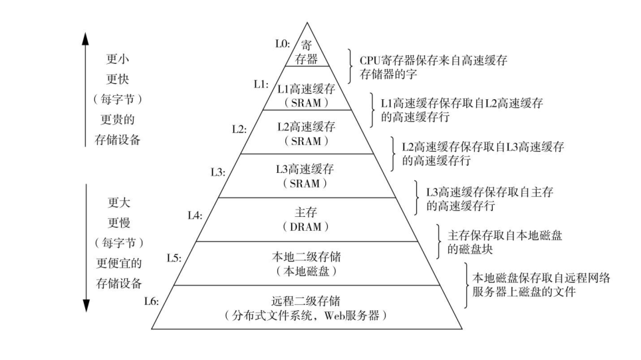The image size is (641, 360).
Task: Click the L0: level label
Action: pyautogui.click(x=283, y=43)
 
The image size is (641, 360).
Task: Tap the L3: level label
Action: pyautogui.click(x=217, y=172)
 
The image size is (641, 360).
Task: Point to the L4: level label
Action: pyautogui.click(x=195, y=215)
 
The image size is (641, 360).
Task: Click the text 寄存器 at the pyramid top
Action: pyautogui.click(x=307, y=52)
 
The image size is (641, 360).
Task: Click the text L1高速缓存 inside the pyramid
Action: pyautogui.click(x=307, y=89)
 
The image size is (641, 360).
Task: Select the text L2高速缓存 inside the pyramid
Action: pyautogui.click(x=307, y=126)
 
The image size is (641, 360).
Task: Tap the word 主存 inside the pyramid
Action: pyautogui.click(x=306, y=212)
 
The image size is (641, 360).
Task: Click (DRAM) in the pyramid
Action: pyautogui.click(x=306, y=227)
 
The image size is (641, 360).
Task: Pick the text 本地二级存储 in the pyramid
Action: pyautogui.click(x=307, y=256)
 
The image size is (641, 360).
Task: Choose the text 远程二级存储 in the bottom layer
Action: pyautogui.click(x=306, y=300)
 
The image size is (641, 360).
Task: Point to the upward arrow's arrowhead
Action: pyautogui.click(x=86, y=38)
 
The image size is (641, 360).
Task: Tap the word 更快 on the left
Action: pyautogui.click(x=118, y=79)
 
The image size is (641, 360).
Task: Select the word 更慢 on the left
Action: pyautogui.click(x=118, y=222)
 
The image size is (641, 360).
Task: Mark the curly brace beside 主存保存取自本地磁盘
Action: pyautogui.click(x=438, y=242)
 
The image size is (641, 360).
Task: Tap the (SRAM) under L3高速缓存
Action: pyautogui.click(x=306, y=184)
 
